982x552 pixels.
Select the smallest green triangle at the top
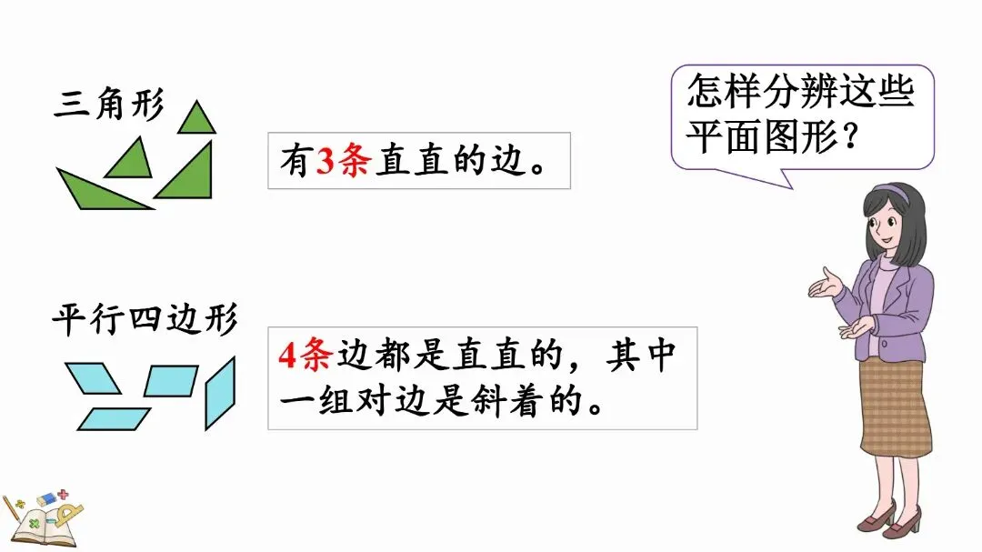[x=196, y=119]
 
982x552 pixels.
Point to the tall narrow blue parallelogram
[x=219, y=392]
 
